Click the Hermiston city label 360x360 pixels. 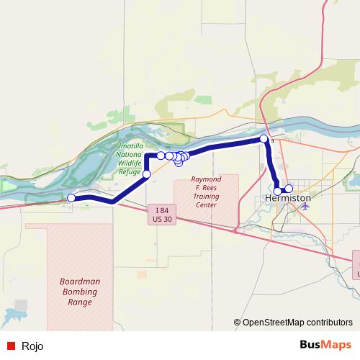(288, 197)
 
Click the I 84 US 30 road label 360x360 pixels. (160, 214)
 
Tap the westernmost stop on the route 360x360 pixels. (71, 197)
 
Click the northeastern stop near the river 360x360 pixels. (264, 139)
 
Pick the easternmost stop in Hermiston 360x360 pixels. (289, 189)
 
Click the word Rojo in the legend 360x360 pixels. (32, 346)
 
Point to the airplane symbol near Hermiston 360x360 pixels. (305, 205)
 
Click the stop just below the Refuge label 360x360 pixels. (147, 174)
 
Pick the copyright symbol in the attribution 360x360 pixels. (238, 323)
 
